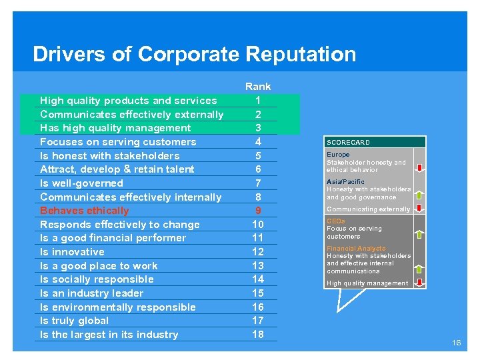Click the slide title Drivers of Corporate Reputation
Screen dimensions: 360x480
point(194,54)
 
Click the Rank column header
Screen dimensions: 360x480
point(258,86)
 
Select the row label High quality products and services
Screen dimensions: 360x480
point(128,101)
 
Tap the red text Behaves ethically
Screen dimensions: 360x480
point(85,211)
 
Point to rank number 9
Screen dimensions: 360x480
point(258,211)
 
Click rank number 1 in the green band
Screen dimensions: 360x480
point(258,101)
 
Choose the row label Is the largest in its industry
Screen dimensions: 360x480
point(109,335)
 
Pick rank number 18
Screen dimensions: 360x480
point(258,335)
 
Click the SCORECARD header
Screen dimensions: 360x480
point(348,142)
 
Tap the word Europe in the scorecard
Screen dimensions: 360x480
point(338,155)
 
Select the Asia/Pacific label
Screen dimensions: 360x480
point(345,182)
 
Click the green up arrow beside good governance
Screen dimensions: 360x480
point(419,195)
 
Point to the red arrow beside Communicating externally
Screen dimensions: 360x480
point(419,209)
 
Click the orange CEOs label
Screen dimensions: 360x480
point(336,221)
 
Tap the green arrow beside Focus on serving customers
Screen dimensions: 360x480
point(419,235)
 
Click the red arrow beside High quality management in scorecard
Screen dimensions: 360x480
point(419,283)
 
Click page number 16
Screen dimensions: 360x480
point(456,343)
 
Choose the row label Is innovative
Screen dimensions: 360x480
point(72,252)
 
